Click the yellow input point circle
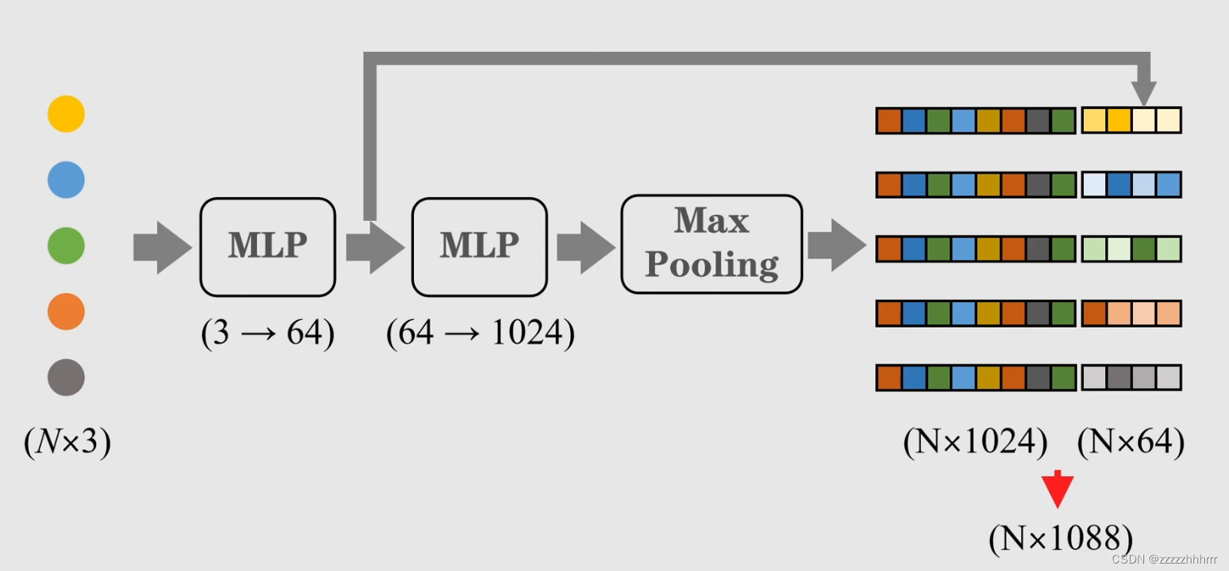point(66,114)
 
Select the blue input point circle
point(66,180)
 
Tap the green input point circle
point(66,246)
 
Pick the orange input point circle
point(66,312)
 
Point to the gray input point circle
point(66,377)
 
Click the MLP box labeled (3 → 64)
point(267,246)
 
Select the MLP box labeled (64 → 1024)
point(479,246)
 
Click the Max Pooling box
point(711,244)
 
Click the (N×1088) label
point(1060,538)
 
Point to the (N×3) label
point(68,441)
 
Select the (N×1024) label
point(975,441)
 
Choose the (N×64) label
point(1131,441)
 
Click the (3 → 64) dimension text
point(267,332)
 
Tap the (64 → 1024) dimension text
point(480,332)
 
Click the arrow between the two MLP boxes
point(375,247)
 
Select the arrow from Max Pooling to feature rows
point(836,245)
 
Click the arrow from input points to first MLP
point(162,247)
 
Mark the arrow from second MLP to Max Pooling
point(585,247)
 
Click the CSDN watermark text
point(1164,559)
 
